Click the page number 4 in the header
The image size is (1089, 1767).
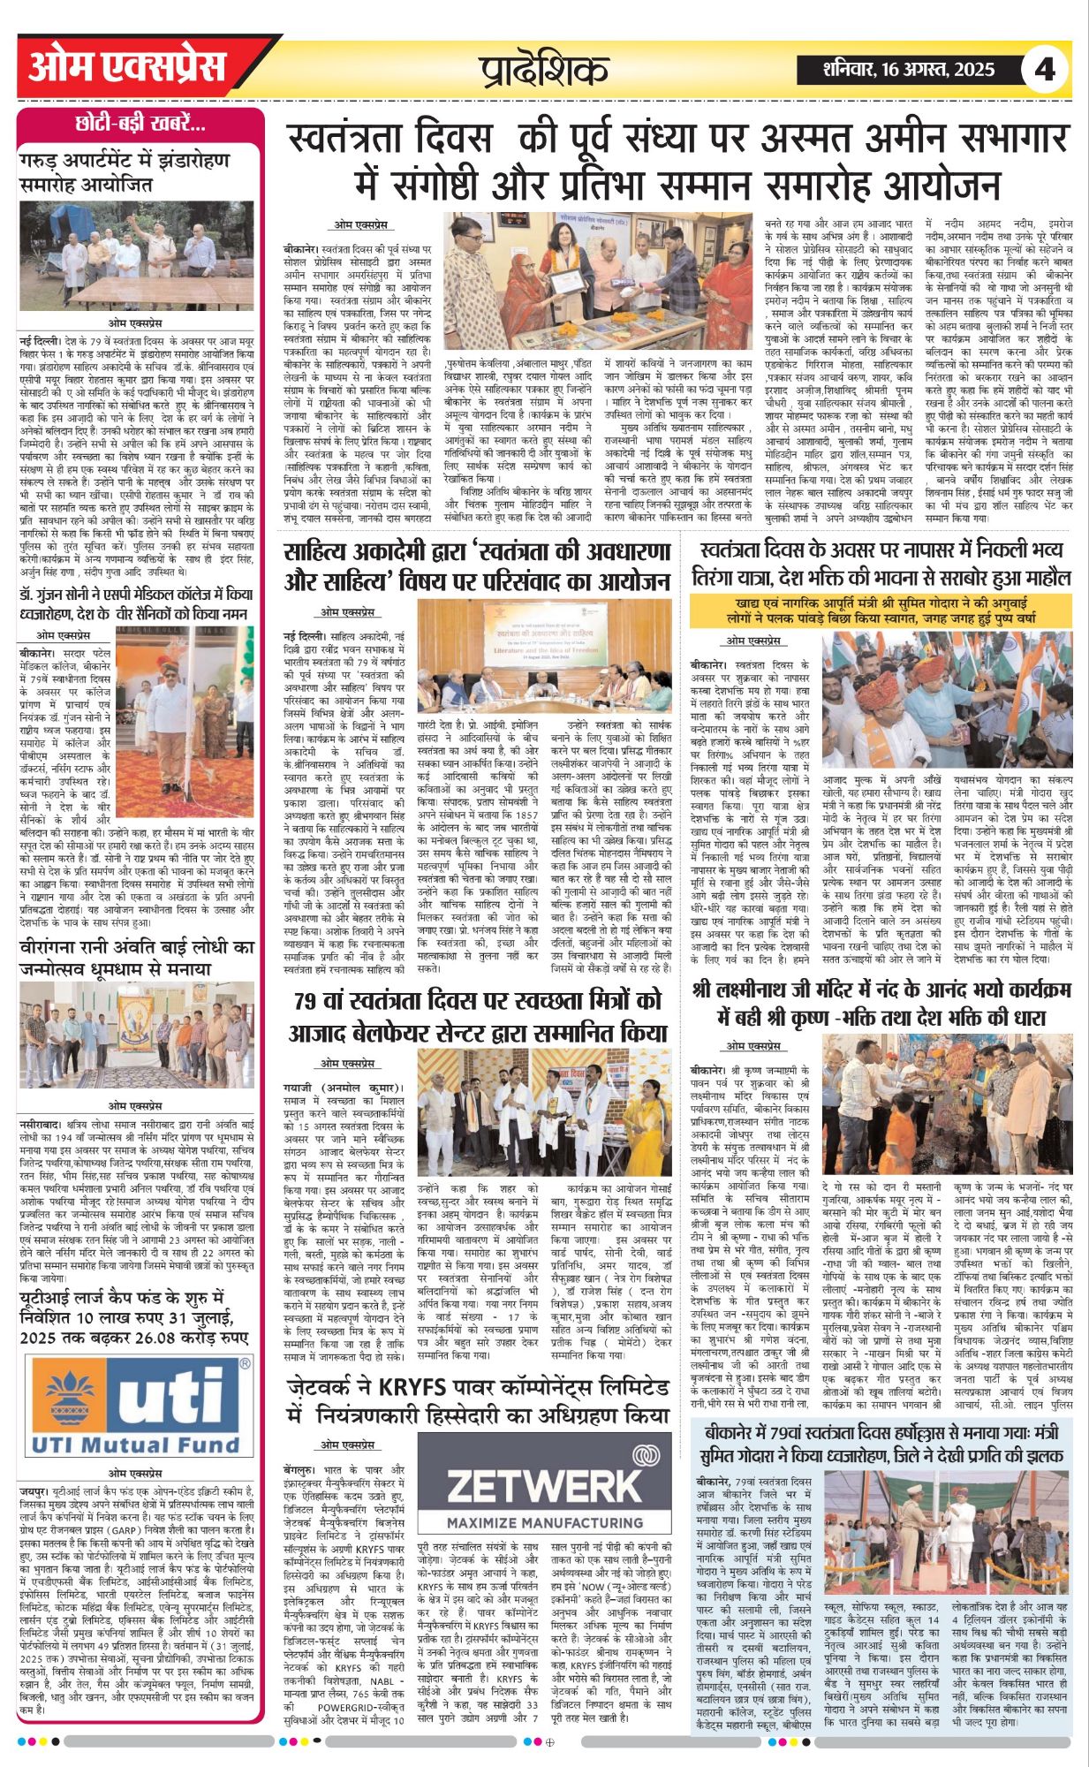tap(1045, 69)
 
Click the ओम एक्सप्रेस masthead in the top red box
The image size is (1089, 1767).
tap(127, 67)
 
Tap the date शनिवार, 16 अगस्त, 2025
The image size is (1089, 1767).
tap(907, 69)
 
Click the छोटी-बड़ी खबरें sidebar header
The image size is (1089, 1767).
tap(140, 125)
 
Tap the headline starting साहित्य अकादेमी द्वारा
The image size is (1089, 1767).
tap(477, 567)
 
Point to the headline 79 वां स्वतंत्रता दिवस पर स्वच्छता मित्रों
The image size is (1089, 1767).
tap(477, 1015)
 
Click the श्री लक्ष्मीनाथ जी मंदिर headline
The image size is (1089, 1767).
tap(881, 1005)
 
